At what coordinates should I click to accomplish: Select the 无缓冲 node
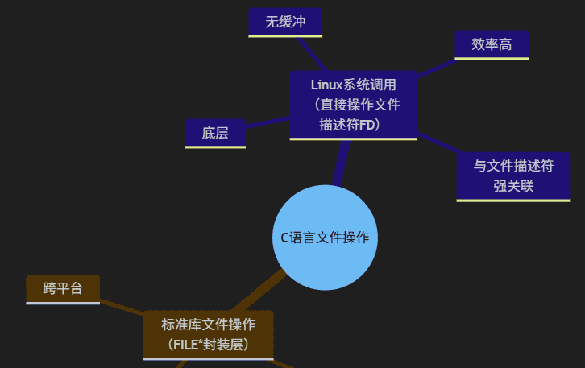(285, 22)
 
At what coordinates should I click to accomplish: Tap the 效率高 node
(492, 44)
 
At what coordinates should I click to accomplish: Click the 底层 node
(215, 133)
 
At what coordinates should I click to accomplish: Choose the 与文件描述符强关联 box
(513, 176)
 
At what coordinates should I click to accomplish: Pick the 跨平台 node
(63, 288)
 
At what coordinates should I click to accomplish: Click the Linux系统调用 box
(353, 105)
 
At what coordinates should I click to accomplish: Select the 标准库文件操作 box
(209, 334)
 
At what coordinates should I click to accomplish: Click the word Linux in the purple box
(326, 84)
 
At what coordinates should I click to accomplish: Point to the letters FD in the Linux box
(367, 125)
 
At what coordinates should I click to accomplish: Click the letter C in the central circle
(284, 238)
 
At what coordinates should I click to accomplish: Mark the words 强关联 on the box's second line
(514, 187)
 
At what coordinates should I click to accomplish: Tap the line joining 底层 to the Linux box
(268, 122)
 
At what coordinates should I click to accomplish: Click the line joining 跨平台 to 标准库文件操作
(121, 307)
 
